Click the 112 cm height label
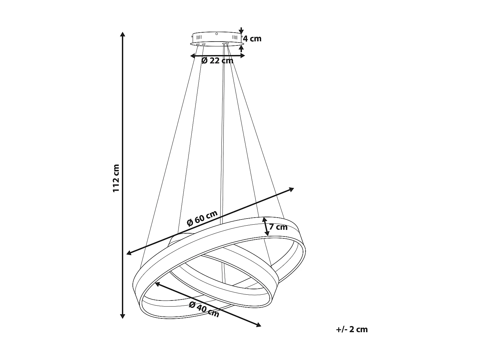116,178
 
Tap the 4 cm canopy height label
252,39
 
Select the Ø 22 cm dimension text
217,60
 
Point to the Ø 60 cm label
202,218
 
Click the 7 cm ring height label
278,227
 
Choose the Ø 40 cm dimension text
204,309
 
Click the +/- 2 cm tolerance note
352,329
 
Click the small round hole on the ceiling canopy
217,34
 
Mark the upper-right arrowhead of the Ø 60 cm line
291,189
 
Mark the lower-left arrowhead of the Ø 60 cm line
129,253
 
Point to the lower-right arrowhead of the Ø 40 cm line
259,325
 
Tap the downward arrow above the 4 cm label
241,31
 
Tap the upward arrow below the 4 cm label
241,48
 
